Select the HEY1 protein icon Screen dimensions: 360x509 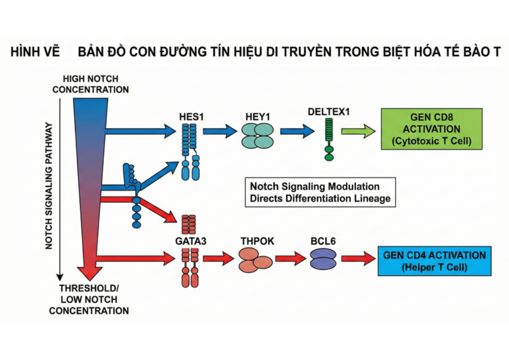pos(257,135)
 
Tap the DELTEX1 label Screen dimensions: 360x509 pos(328,111)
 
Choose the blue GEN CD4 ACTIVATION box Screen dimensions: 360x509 pos(434,261)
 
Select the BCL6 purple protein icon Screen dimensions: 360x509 pos(323,259)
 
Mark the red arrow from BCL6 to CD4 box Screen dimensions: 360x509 pos(358,259)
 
